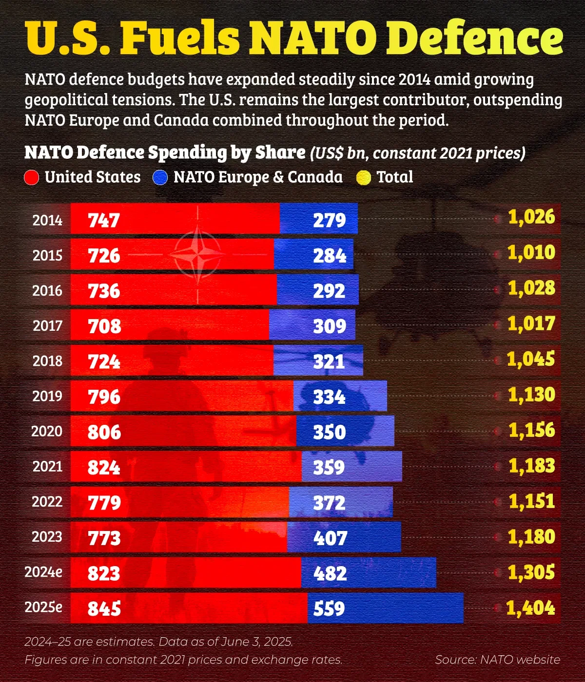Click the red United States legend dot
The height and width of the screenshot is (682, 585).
31,178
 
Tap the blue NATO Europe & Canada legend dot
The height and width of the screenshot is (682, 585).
160,178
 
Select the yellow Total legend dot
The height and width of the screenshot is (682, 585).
364,178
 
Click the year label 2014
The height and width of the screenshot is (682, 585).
47,220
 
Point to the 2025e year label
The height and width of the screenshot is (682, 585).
43,607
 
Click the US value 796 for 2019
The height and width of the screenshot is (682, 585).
104,397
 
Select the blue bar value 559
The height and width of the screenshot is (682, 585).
329,608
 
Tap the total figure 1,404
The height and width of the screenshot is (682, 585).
530,608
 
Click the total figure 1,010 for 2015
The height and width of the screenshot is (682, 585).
531,252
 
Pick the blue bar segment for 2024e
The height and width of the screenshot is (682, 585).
390,573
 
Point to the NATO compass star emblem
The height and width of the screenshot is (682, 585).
198,254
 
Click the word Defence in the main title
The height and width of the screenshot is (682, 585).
475,38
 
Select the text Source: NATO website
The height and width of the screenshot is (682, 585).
497,660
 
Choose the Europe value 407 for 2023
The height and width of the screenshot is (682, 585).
330,538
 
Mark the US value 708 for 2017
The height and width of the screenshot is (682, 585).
104,326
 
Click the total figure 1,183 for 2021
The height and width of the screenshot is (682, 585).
531,466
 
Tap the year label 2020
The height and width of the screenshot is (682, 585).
47,431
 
